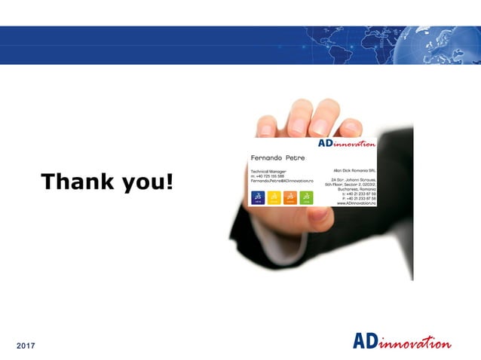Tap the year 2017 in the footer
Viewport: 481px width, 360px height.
point(27,345)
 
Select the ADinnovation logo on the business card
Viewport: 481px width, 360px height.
point(347,144)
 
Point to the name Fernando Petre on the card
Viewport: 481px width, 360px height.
point(277,157)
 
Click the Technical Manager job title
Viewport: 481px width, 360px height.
point(270,172)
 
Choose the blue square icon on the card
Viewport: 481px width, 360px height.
point(258,197)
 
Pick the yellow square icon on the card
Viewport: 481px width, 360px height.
point(274,197)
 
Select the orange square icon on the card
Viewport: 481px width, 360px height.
point(290,197)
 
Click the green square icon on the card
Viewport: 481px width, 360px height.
point(306,197)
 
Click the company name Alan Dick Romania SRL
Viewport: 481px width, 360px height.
point(355,172)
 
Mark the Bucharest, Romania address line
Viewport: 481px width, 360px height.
point(357,190)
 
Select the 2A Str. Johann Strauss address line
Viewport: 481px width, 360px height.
point(354,181)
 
